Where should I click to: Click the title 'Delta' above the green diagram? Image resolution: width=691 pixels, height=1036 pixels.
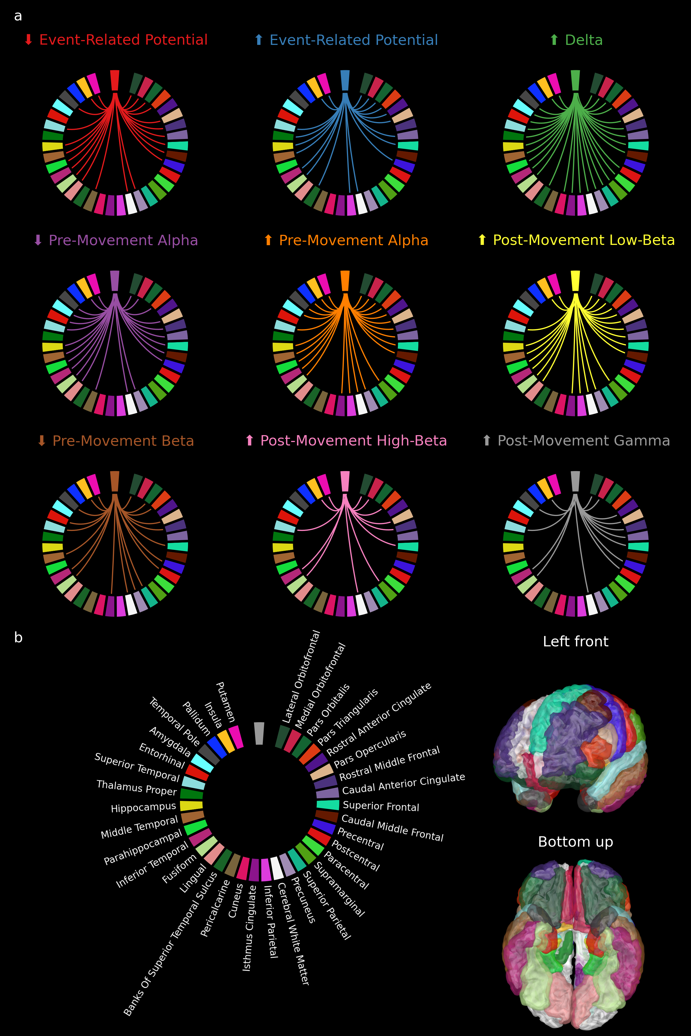coord(584,40)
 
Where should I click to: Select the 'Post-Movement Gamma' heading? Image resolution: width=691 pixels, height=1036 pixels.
coord(584,441)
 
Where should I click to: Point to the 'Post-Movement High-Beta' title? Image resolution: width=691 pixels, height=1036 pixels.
coord(354,441)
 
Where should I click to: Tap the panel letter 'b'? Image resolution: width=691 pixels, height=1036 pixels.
coord(18,637)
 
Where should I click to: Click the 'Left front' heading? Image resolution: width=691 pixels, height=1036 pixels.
coord(576,641)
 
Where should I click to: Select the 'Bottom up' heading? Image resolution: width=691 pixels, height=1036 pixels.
coord(576,842)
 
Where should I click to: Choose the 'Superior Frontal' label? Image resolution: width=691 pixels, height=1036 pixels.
coord(381,806)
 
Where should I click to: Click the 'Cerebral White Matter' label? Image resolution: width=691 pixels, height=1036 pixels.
coord(293,934)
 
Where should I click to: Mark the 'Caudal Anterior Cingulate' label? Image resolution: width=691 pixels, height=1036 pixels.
coord(403,784)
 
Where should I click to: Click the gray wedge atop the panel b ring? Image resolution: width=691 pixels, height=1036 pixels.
coord(259,733)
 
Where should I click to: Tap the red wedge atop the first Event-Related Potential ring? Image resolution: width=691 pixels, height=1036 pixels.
coord(115,81)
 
